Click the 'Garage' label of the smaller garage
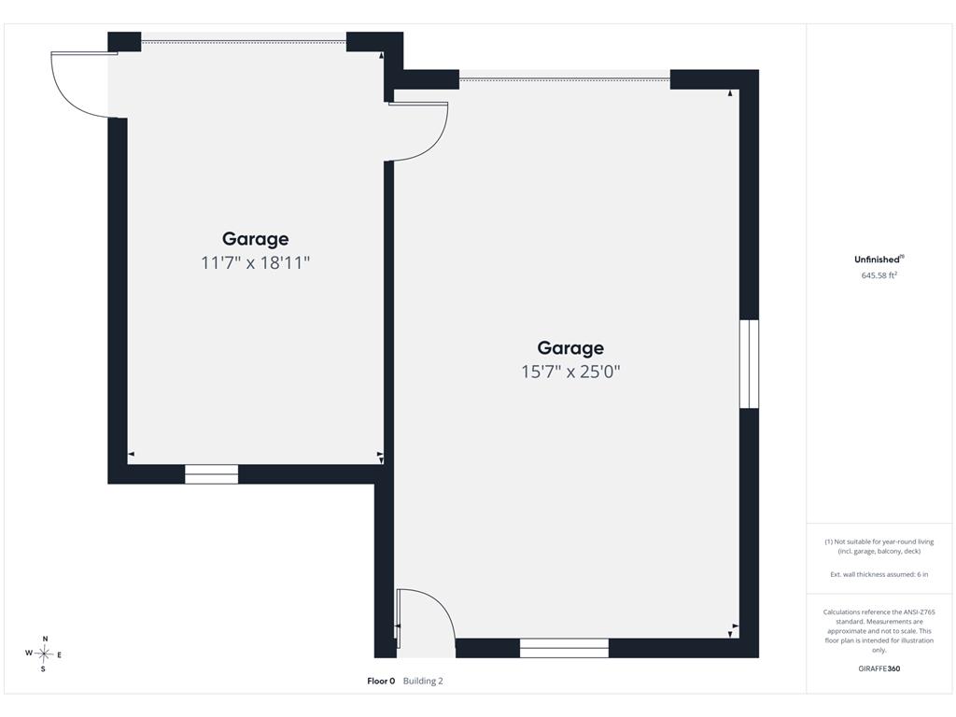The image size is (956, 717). pyautogui.click(x=255, y=239)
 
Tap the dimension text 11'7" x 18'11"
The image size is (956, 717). pyautogui.click(x=256, y=262)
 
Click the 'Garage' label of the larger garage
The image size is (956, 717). pyautogui.click(x=570, y=348)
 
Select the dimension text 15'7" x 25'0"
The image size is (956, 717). pyautogui.click(x=570, y=372)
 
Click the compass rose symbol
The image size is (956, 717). pyautogui.click(x=44, y=654)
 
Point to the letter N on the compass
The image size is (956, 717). pyautogui.click(x=45, y=639)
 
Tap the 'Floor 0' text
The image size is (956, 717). pyautogui.click(x=381, y=681)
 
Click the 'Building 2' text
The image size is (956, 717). pyautogui.click(x=423, y=681)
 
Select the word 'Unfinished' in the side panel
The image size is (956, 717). pyautogui.click(x=877, y=260)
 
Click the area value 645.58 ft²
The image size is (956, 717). pyautogui.click(x=879, y=275)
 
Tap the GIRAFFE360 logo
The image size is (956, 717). pyautogui.click(x=879, y=668)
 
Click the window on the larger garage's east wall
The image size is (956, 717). pyautogui.click(x=750, y=364)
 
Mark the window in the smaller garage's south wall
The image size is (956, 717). pyautogui.click(x=212, y=474)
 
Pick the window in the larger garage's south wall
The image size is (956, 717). pyautogui.click(x=564, y=648)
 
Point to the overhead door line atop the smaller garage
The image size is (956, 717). pyautogui.click(x=244, y=42)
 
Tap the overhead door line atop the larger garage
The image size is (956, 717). pyautogui.click(x=565, y=79)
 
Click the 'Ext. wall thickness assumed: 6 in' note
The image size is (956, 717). pyautogui.click(x=879, y=574)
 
